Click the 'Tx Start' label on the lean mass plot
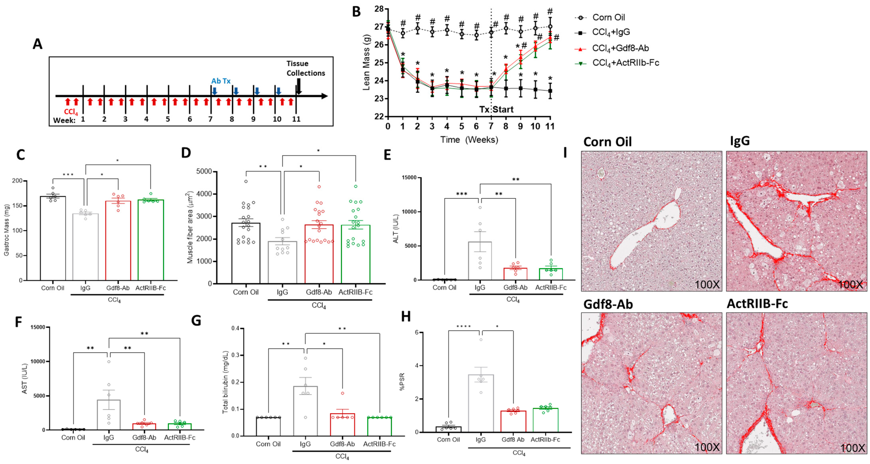[x=496, y=109]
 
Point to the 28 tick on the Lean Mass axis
[x=379, y=9]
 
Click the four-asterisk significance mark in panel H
[x=463, y=326]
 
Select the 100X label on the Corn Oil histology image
[x=707, y=285]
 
